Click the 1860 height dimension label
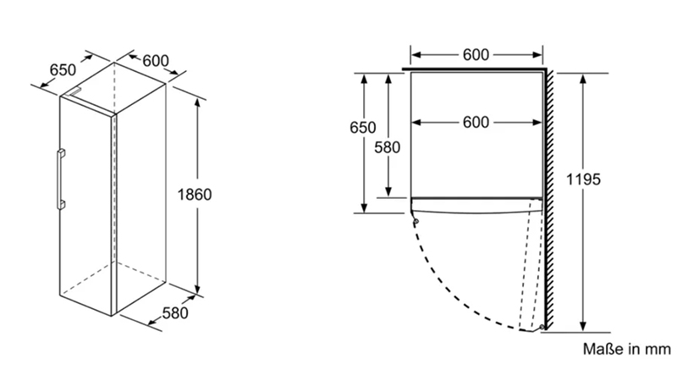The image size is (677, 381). pos(195,195)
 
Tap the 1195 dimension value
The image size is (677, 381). pos(583,179)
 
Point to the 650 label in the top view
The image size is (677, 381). pos(362,127)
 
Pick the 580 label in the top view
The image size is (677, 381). pos(387,146)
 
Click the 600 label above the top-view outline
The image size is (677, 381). pos(476,55)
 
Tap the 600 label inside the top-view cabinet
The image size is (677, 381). pos(476,122)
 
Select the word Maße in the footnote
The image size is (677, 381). pos(599,348)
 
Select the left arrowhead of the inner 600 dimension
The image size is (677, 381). pos(416,123)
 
